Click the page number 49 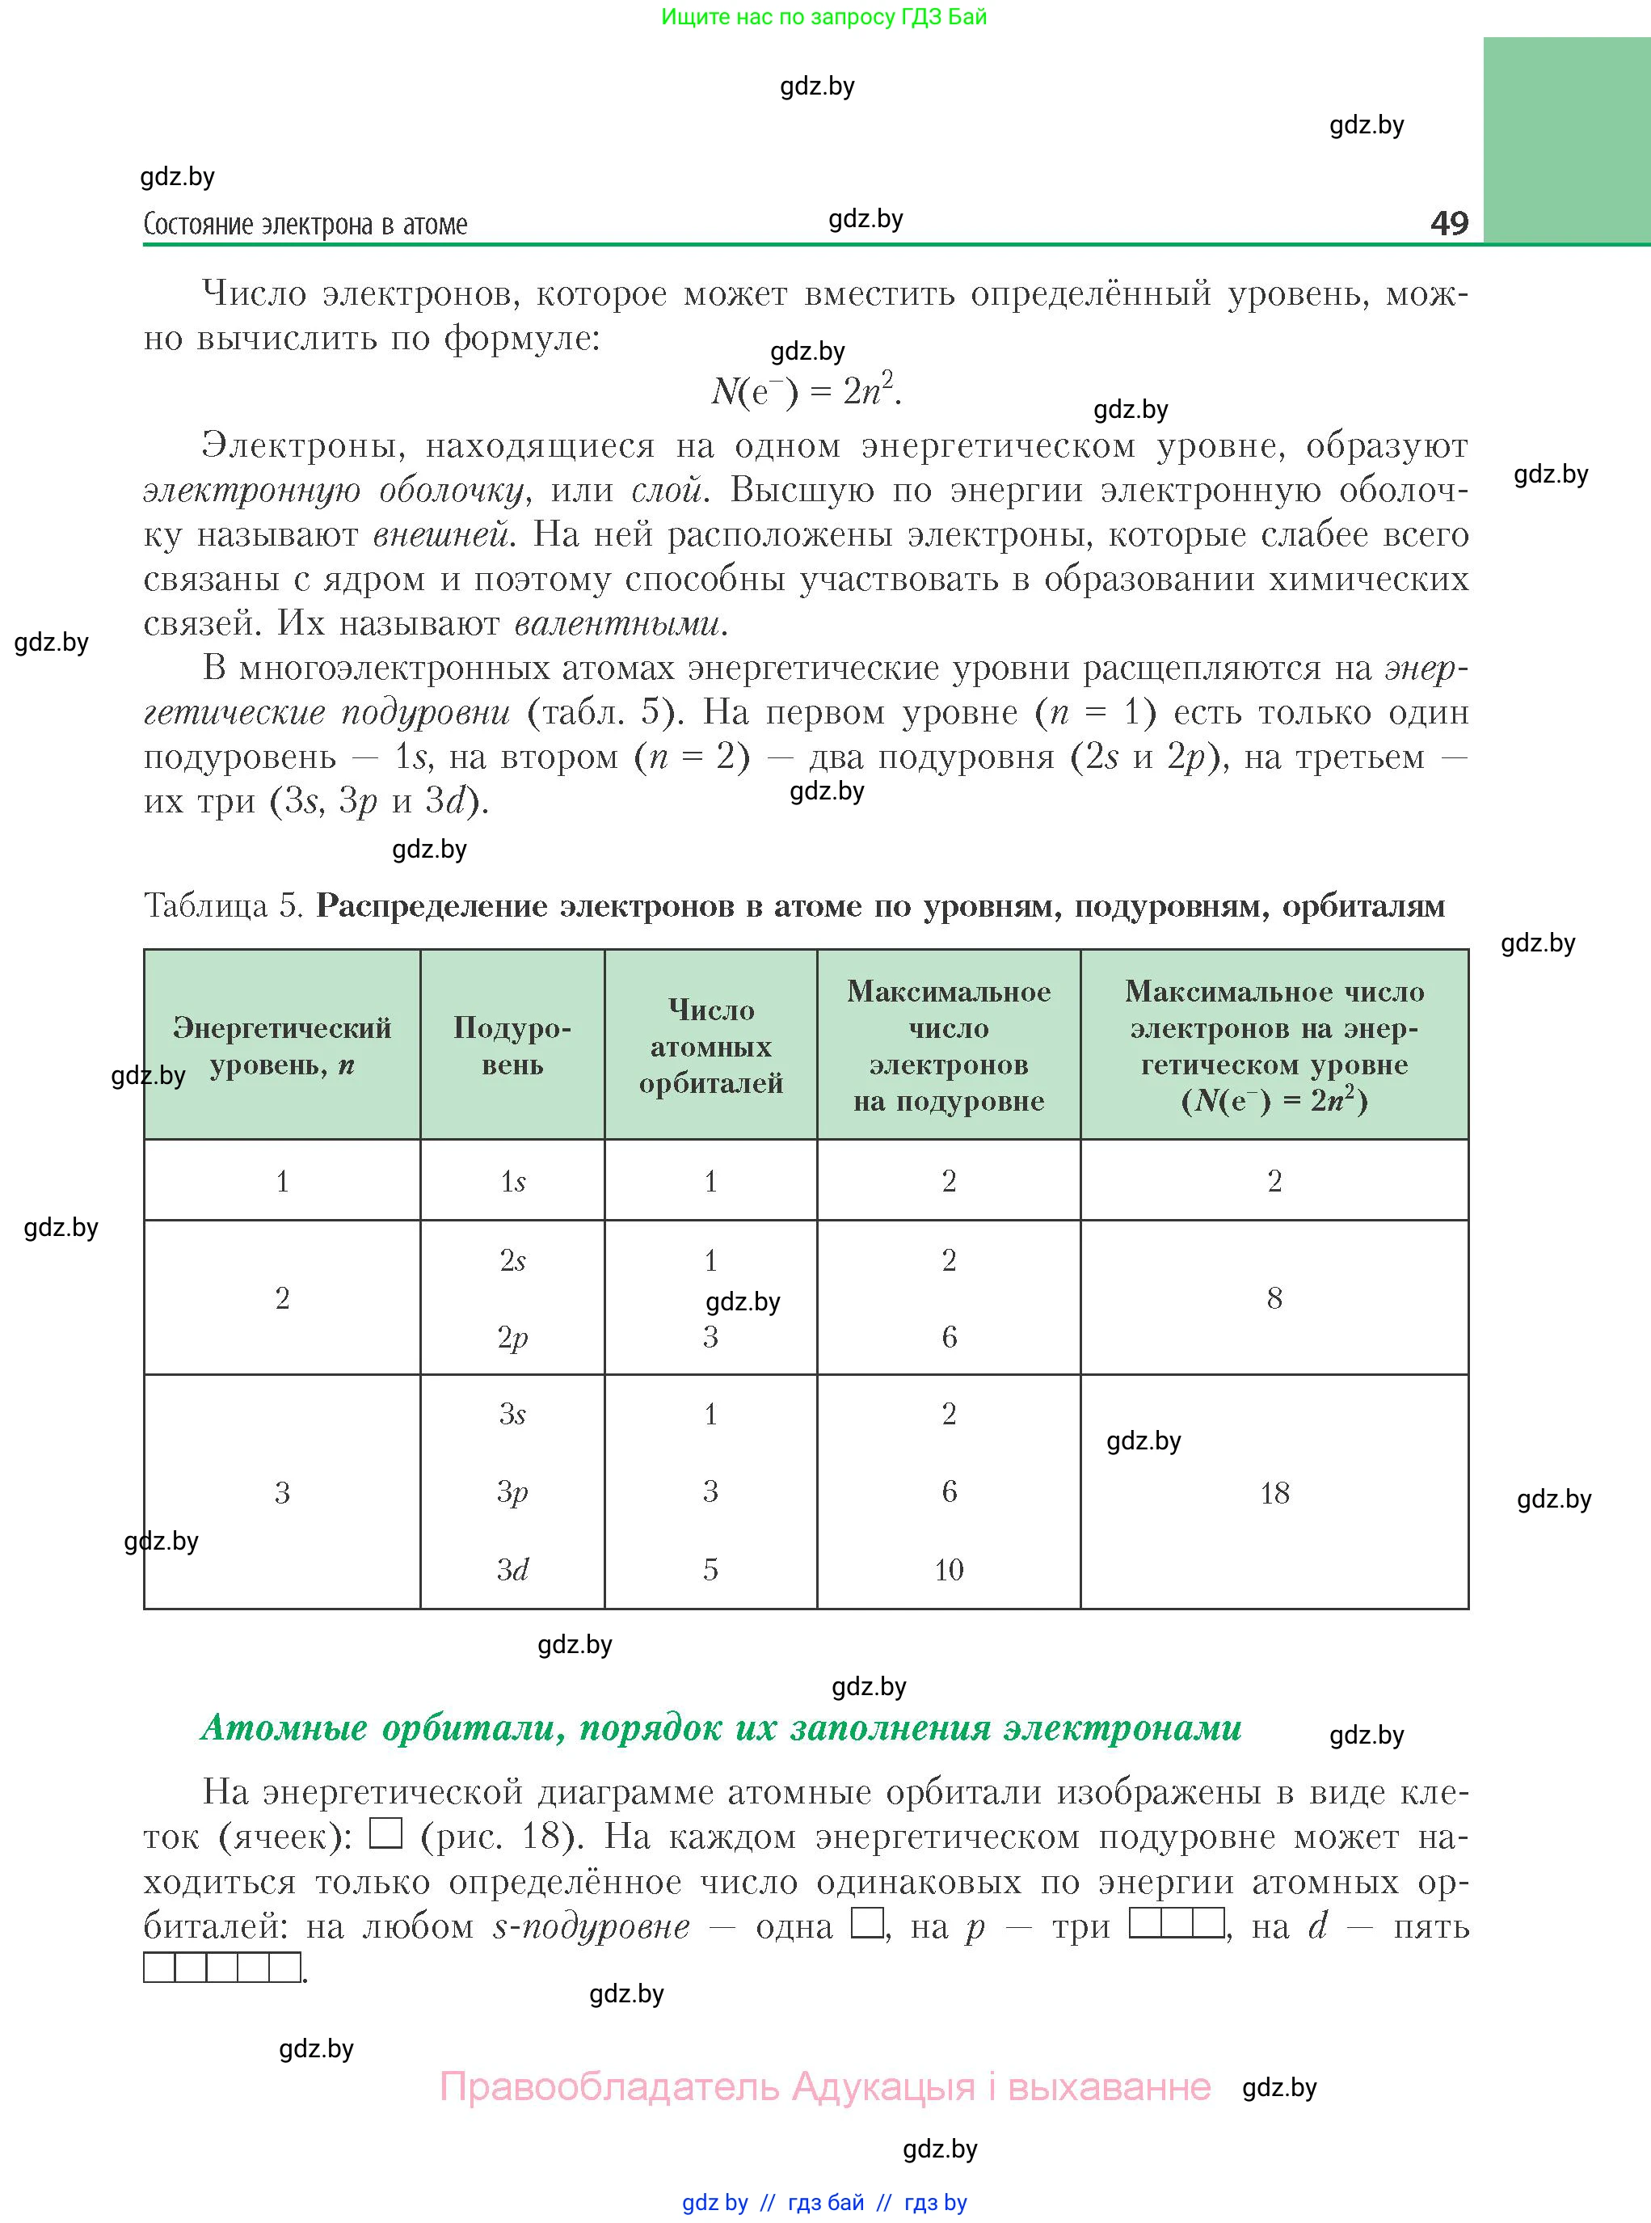click(1448, 222)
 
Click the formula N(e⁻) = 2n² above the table click(806, 390)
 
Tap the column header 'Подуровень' click(512, 1045)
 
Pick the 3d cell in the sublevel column click(512, 1569)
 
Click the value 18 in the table click(1274, 1493)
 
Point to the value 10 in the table click(949, 1569)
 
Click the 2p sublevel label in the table click(512, 1337)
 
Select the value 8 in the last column click(1274, 1298)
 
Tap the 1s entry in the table click(512, 1182)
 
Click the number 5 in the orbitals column click(710, 1569)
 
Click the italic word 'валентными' click(620, 624)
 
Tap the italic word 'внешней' click(443, 535)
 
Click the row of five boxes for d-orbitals click(222, 1967)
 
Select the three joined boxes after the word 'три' click(1177, 1923)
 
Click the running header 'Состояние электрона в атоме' click(305, 225)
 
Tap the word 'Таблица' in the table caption click(206, 905)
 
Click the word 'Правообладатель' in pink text click(609, 2087)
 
